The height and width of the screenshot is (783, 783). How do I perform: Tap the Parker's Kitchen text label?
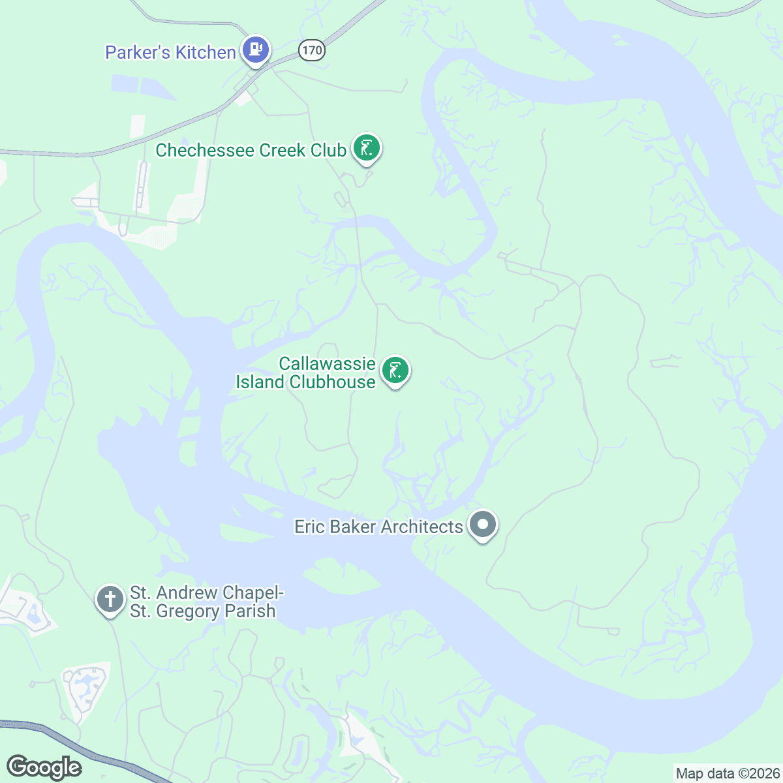tap(170, 52)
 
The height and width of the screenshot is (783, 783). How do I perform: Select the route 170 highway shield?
tap(312, 50)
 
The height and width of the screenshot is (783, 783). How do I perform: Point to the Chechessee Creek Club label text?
tap(251, 150)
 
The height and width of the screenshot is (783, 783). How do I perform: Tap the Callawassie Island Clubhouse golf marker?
tap(395, 370)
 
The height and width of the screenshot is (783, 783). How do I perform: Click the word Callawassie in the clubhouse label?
tap(327, 363)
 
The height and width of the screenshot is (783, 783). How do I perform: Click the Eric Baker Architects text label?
tap(378, 527)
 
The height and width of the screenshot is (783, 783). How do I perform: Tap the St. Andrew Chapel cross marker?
tap(110, 598)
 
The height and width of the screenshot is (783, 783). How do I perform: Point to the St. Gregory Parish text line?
tap(202, 611)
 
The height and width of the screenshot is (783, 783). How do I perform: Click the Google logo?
tap(44, 767)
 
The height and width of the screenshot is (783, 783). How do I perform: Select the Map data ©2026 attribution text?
tap(727, 774)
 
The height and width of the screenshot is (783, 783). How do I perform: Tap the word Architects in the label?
tap(422, 527)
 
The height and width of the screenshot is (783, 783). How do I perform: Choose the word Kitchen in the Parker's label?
tap(205, 52)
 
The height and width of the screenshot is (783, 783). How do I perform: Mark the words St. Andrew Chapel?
tap(207, 592)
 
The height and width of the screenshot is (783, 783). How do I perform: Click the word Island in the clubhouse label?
tap(260, 382)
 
